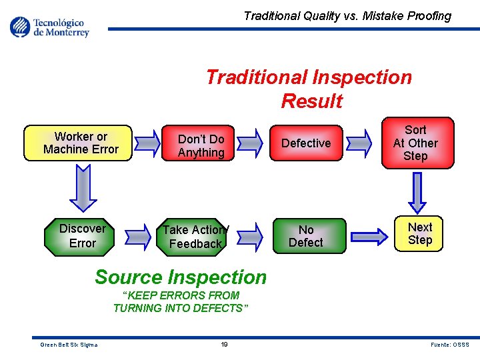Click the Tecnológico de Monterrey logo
click(50, 27)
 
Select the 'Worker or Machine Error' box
click(81, 143)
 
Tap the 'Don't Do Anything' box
click(201, 146)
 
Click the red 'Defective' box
click(306, 143)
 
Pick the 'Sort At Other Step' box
click(415, 143)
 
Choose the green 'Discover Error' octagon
click(83, 236)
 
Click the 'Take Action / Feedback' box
click(195, 237)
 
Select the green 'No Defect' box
click(306, 236)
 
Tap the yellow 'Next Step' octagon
click(419, 234)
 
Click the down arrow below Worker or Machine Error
click(83, 188)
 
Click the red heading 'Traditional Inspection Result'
click(309, 89)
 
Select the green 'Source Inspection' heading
click(181, 277)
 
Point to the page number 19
click(225, 345)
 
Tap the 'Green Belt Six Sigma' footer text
click(69, 345)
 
